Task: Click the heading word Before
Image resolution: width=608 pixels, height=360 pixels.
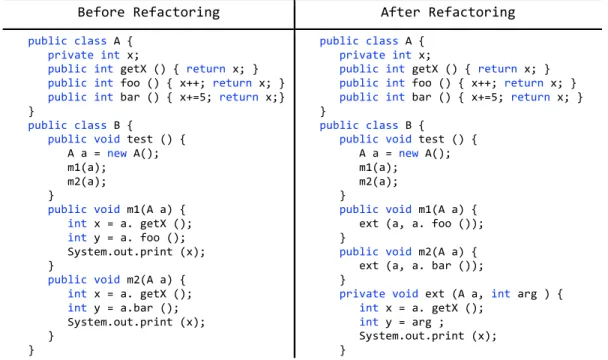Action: [x=101, y=12]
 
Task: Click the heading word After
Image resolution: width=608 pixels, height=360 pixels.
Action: [x=400, y=12]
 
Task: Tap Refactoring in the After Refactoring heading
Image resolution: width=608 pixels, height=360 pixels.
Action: [x=472, y=13]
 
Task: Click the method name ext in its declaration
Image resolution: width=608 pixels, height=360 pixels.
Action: [x=435, y=294]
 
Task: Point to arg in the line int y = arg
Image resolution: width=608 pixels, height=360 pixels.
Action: [x=421, y=322]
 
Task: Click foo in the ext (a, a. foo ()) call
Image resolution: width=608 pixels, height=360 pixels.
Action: [x=441, y=223]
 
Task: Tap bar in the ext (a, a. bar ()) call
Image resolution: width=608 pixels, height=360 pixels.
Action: [x=441, y=266]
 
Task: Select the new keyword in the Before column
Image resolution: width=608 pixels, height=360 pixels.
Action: [x=117, y=154]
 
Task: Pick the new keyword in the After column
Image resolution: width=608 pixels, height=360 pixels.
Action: [x=408, y=154]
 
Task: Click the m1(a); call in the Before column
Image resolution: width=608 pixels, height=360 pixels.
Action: [x=86, y=168]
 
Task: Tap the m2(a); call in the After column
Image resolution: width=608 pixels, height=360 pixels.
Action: [x=378, y=182]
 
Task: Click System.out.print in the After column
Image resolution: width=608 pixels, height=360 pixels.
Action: [x=411, y=336]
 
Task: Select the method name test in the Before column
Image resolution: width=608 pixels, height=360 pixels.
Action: [x=140, y=139]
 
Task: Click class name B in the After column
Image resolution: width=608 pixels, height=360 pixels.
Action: [x=408, y=125]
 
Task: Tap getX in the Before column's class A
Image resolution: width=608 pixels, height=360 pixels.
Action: [x=133, y=69]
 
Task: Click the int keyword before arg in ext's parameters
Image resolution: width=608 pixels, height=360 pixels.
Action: [x=501, y=294]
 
